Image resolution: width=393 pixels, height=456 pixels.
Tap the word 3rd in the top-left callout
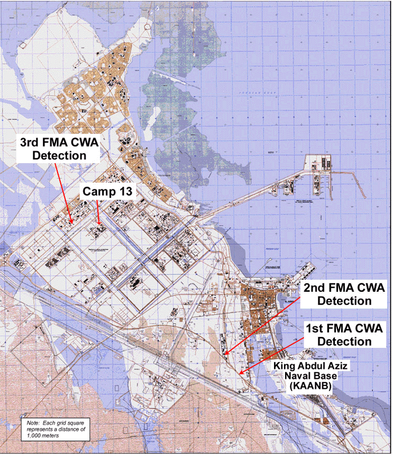(x=34, y=142)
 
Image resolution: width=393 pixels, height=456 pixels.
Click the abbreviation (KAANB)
(x=309, y=387)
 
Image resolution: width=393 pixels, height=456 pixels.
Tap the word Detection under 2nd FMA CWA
(x=345, y=301)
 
